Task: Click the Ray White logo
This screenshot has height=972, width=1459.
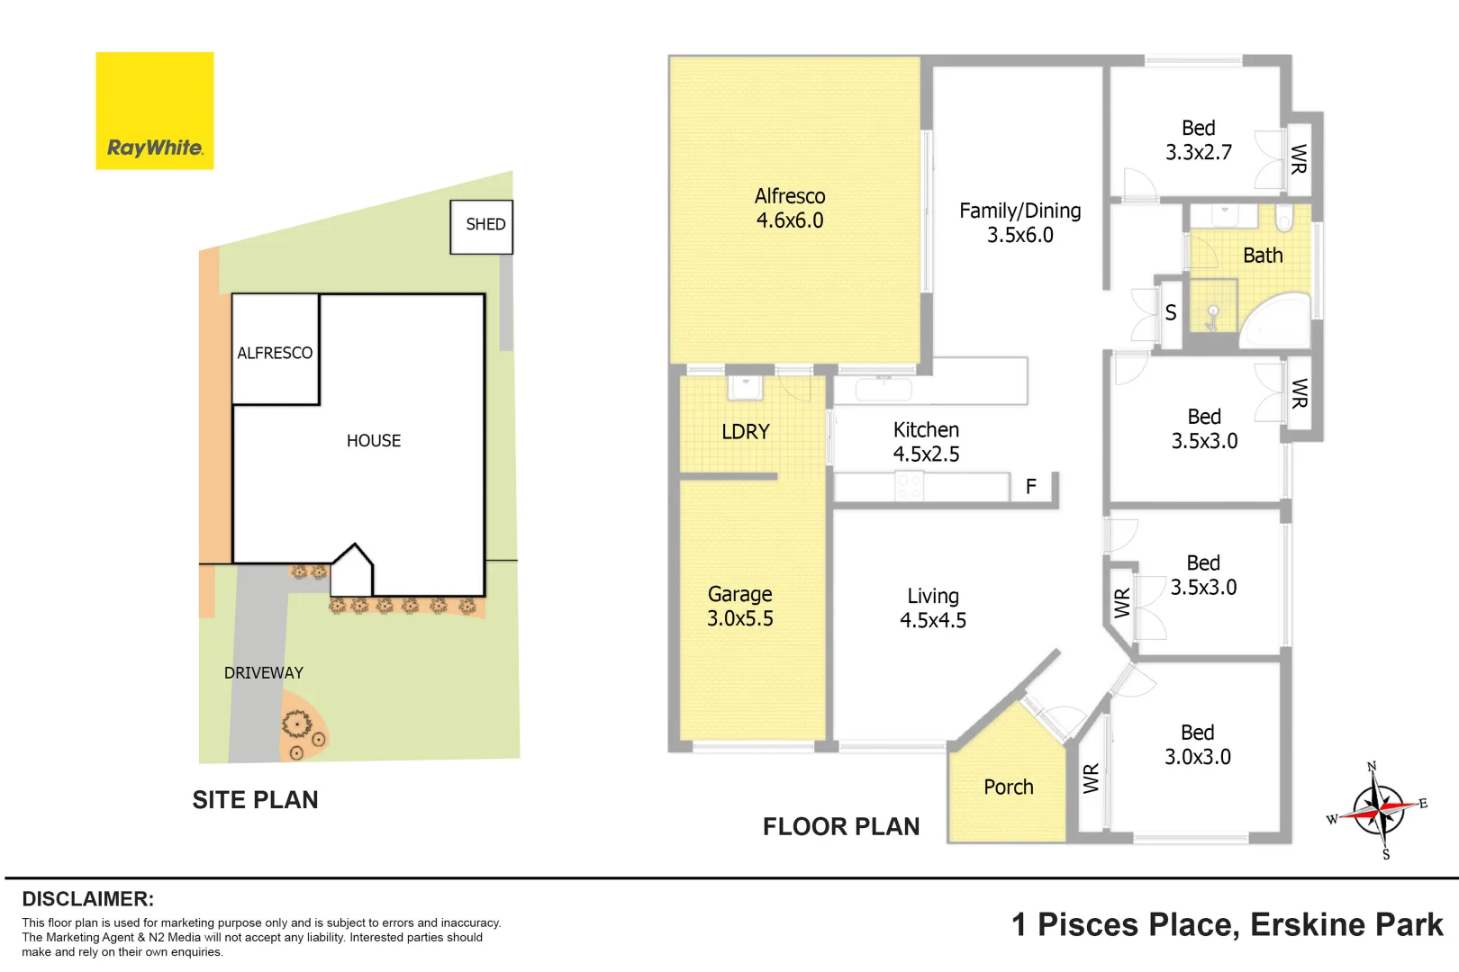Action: point(155,111)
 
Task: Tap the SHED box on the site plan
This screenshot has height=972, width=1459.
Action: point(482,226)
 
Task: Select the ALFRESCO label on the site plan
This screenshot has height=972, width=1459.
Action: point(275,353)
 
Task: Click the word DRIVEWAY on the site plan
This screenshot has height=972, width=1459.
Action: point(263,672)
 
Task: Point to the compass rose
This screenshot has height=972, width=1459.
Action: point(1378,808)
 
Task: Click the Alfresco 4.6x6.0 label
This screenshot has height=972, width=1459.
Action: point(790,208)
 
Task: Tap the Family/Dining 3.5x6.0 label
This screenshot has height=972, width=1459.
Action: point(1019,222)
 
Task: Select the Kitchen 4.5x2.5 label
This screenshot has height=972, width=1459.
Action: point(926,442)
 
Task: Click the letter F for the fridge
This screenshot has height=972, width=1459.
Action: point(1031,487)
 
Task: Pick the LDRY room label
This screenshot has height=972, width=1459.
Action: point(746,432)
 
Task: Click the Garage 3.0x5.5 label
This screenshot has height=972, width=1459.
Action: point(739,606)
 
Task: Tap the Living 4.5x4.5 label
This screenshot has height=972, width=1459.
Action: point(933,607)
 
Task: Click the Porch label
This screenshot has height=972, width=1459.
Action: point(1008,787)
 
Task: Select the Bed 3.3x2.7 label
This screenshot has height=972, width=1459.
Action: point(1198,140)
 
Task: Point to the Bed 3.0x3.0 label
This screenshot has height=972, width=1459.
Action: point(1197,744)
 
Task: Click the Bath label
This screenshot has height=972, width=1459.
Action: point(1263,256)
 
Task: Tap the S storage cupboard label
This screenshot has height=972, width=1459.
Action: point(1170,313)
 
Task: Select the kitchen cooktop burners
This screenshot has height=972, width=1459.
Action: point(908,487)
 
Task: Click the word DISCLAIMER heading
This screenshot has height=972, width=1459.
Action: point(87,899)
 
